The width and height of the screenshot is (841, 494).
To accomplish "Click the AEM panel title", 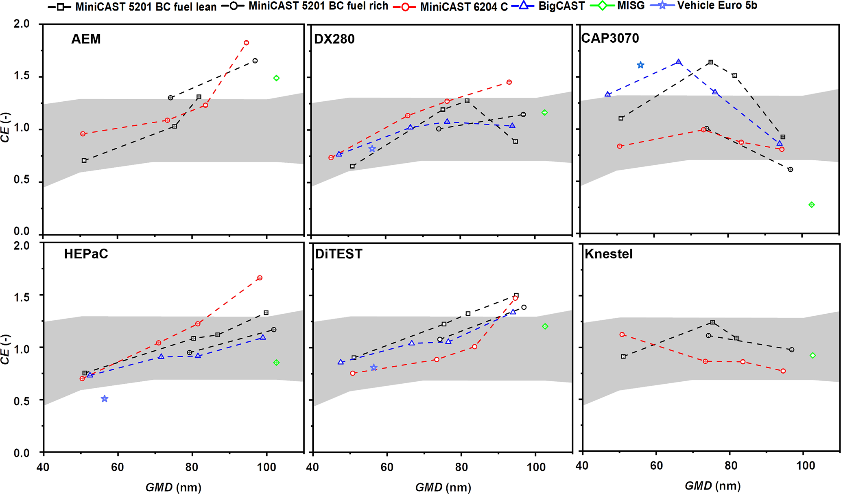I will [86, 39].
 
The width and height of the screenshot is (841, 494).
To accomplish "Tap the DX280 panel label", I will [334, 39].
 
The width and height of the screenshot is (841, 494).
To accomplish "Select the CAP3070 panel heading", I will [610, 38].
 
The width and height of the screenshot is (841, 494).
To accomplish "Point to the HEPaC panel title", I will [86, 254].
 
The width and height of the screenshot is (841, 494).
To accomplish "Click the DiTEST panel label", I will [339, 254].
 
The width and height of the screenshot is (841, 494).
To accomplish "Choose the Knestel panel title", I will [608, 254].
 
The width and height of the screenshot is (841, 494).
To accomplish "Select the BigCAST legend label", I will [561, 6].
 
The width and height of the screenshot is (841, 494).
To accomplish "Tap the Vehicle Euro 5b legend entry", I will [717, 6].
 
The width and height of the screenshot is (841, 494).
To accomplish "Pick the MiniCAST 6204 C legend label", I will [463, 7].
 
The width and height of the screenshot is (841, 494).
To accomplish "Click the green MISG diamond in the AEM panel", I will [276, 78].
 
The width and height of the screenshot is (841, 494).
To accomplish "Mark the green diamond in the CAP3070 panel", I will [811, 205].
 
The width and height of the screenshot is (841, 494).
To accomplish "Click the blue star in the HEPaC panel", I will [105, 399].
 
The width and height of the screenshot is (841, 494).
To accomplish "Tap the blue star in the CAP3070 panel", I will [640, 65].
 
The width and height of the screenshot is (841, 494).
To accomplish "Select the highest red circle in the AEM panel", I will [246, 43].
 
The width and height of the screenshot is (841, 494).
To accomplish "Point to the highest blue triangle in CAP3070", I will [678, 62].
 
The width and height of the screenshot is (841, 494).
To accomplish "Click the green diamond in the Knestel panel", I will [813, 355].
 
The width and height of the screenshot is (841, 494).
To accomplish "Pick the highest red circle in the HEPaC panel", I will [260, 278].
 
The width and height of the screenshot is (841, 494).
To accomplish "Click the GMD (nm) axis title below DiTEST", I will [443, 487].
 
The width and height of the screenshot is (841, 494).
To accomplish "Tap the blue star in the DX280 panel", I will [372, 149].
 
